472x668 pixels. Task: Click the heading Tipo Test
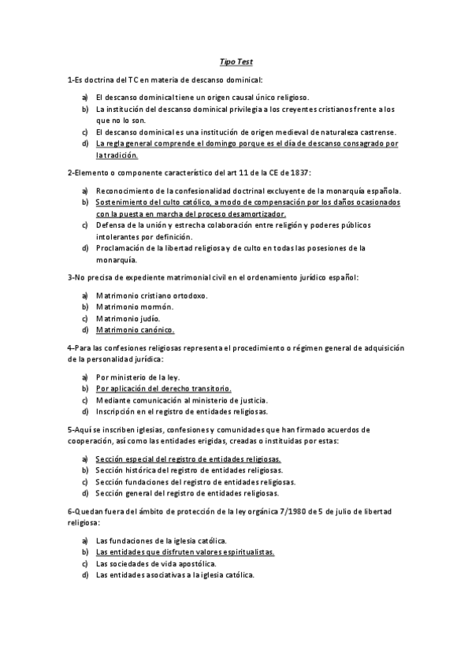(236, 61)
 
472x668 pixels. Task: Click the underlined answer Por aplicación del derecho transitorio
(163, 388)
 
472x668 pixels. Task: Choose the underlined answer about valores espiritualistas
(184, 551)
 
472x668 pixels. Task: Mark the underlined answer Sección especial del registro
(188, 458)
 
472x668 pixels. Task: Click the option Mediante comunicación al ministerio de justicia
(181, 400)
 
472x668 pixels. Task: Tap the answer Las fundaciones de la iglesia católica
(161, 540)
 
